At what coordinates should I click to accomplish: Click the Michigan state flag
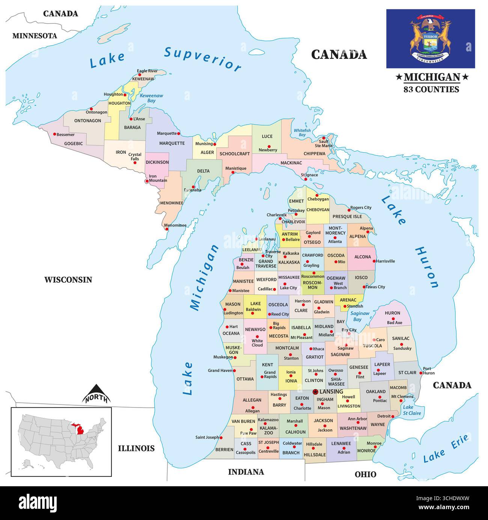click(x=431, y=39)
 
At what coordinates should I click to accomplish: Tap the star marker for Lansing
click(x=315, y=392)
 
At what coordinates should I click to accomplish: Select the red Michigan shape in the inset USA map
click(x=80, y=428)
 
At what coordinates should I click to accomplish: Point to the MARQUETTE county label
click(x=172, y=143)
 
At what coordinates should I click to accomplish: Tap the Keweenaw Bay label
click(x=151, y=98)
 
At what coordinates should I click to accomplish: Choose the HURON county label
click(x=392, y=313)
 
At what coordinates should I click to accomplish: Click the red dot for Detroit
click(x=393, y=416)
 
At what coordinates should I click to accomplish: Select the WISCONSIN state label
click(x=68, y=280)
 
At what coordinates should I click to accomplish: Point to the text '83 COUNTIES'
click(x=431, y=89)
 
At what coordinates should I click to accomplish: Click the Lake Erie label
click(x=446, y=449)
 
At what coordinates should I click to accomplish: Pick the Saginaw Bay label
click(x=360, y=316)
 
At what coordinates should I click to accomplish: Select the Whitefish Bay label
click(x=302, y=133)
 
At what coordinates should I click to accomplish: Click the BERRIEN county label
click(x=224, y=450)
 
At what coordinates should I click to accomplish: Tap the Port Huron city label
click(x=428, y=370)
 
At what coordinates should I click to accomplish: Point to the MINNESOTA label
click(x=35, y=36)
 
